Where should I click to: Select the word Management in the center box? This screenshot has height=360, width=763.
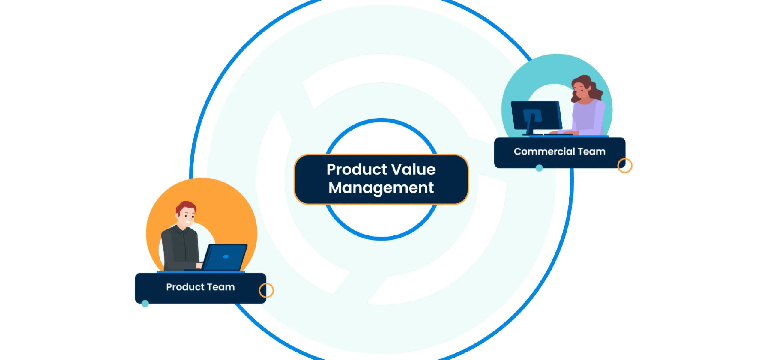pyautogui.click(x=381, y=188)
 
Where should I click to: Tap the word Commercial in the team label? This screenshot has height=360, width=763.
pyautogui.click(x=544, y=151)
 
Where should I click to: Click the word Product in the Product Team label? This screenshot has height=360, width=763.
pyautogui.click(x=185, y=287)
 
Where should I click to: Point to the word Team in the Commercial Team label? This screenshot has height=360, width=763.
pyautogui.click(x=591, y=151)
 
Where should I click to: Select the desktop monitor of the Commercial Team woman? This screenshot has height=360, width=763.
pyautogui.click(x=536, y=115)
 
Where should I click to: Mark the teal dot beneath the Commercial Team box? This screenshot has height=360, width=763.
pyautogui.click(x=539, y=168)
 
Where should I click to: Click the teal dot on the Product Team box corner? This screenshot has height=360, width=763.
pyautogui.click(x=145, y=304)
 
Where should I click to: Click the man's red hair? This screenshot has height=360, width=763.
pyautogui.click(x=186, y=206)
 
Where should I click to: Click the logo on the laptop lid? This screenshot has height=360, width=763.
pyautogui.click(x=226, y=257)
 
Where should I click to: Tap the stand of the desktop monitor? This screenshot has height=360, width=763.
pyautogui.click(x=531, y=124)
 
